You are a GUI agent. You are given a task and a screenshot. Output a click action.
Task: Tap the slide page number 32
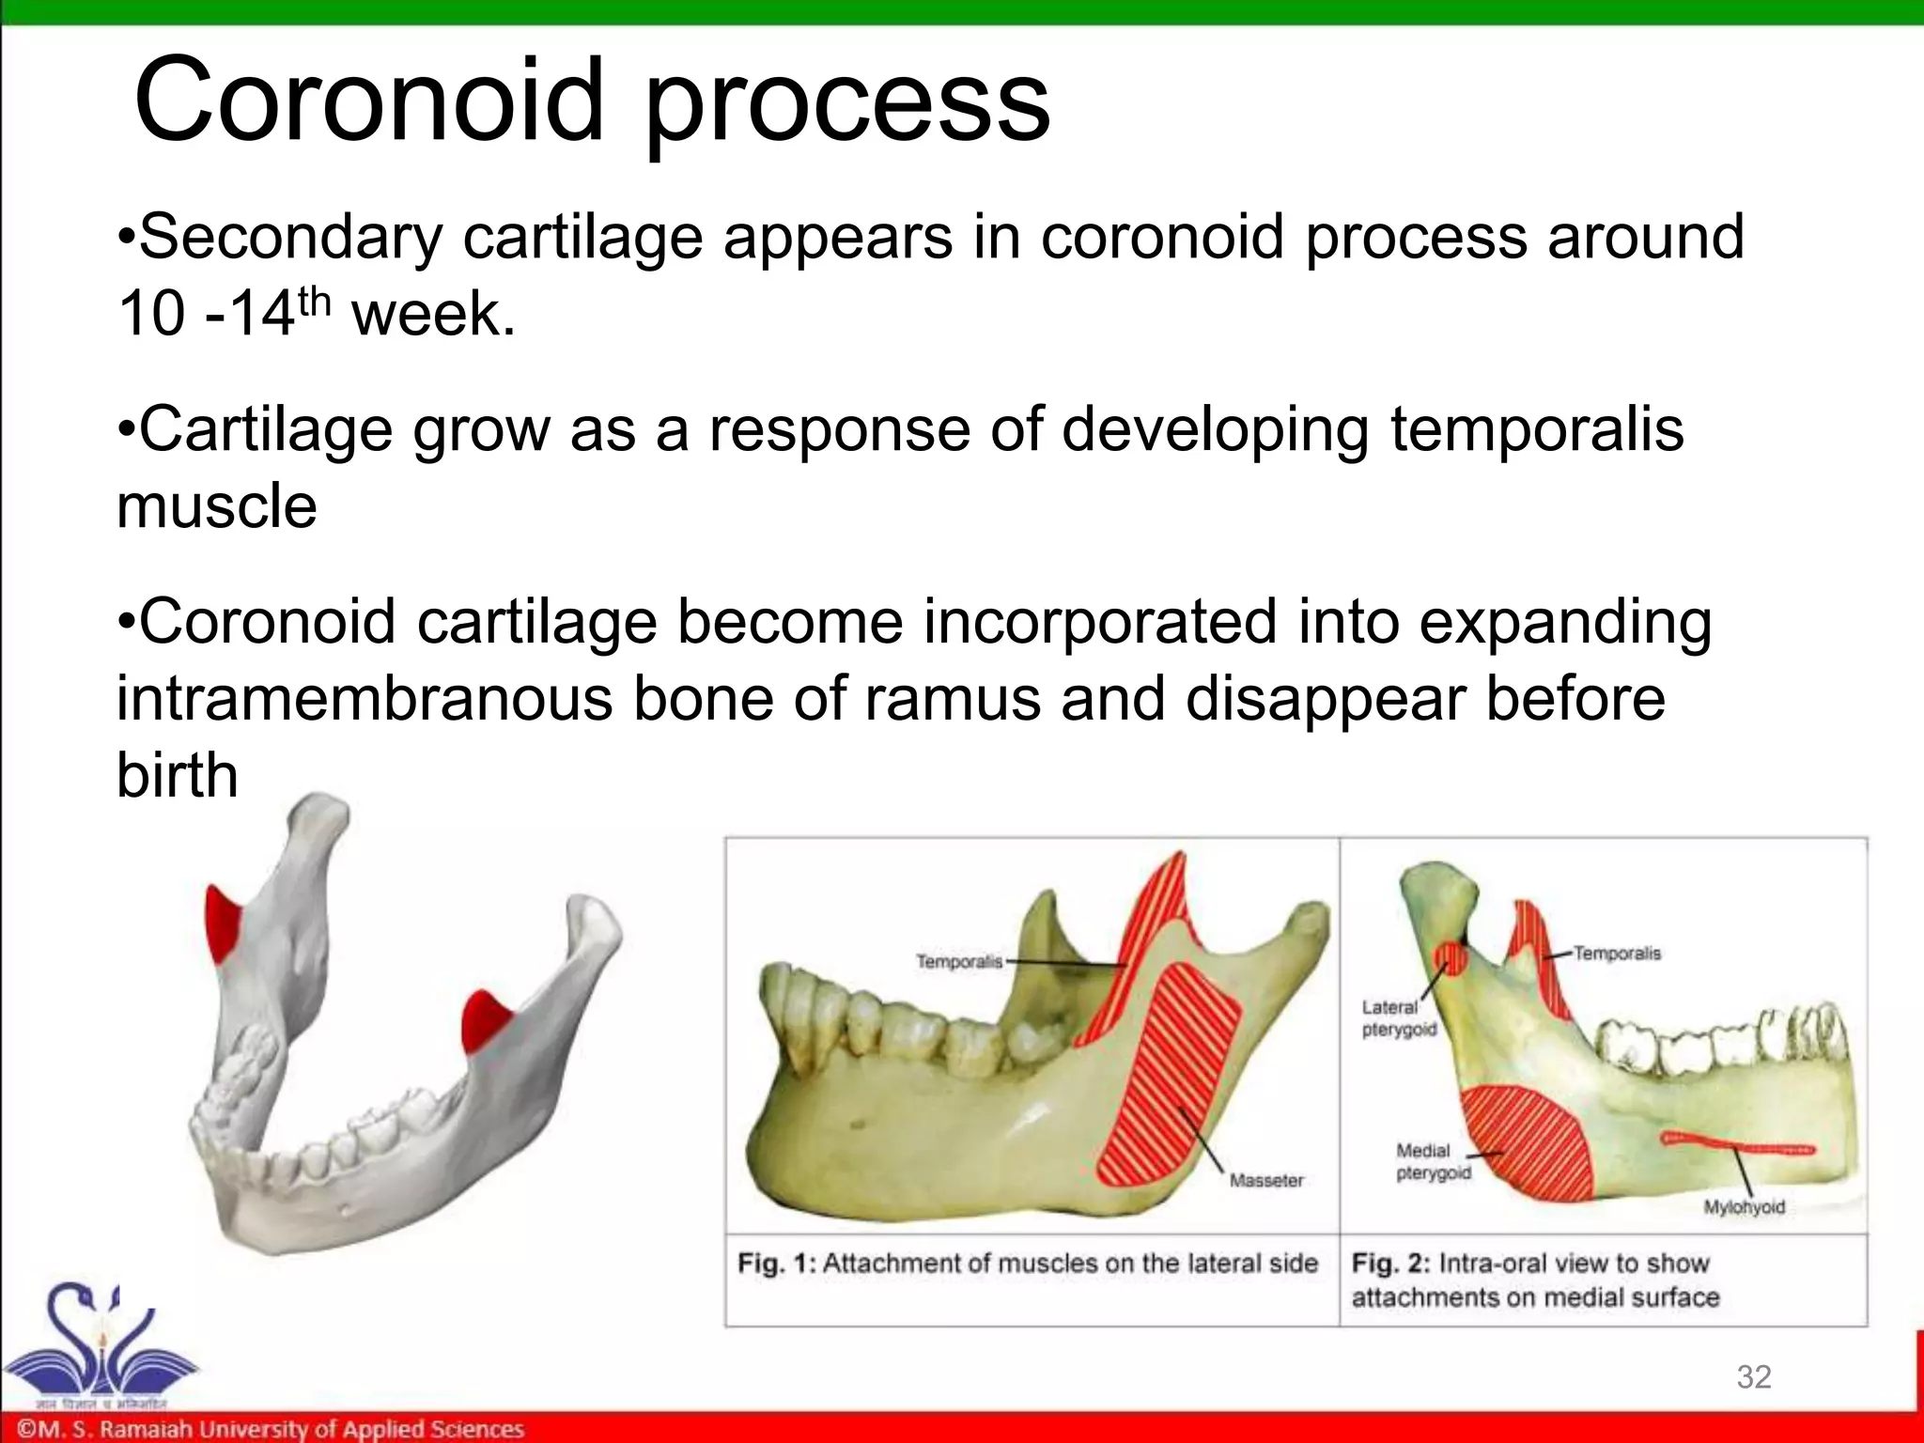(1754, 1376)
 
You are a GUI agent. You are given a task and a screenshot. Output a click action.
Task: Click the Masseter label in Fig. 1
(1265, 1180)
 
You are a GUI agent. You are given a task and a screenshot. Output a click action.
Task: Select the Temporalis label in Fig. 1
(959, 961)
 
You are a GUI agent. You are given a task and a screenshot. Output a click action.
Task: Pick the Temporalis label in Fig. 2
(1617, 953)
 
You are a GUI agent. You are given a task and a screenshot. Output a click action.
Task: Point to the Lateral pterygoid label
(1398, 1018)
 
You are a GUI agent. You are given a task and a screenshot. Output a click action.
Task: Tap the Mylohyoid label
(1744, 1207)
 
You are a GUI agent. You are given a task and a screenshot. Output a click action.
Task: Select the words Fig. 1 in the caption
(776, 1264)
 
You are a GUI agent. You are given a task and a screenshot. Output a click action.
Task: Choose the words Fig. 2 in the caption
(1389, 1264)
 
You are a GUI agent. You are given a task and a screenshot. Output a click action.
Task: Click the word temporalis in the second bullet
(1537, 428)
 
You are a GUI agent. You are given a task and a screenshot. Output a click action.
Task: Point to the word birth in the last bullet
(177, 776)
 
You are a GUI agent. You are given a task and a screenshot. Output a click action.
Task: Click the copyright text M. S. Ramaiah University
(272, 1429)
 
